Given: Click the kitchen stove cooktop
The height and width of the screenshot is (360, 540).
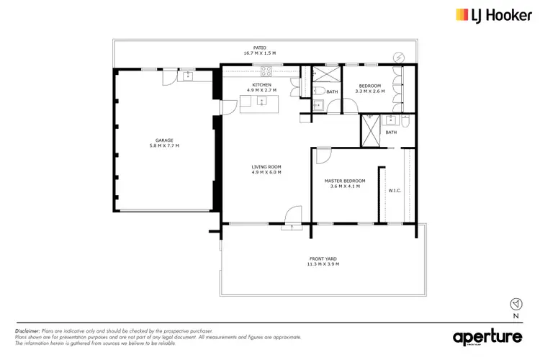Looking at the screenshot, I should (x=266, y=71).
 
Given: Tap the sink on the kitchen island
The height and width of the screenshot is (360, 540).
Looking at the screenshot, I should (x=261, y=102).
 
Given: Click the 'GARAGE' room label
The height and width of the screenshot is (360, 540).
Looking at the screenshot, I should (x=164, y=140).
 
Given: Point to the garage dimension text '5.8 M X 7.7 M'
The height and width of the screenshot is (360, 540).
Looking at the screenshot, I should (x=164, y=146).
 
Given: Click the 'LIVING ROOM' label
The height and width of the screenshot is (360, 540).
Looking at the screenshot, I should (x=266, y=167).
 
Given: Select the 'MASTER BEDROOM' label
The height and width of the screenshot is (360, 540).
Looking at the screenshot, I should (x=345, y=181).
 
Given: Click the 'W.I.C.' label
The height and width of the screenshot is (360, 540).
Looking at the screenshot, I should (x=395, y=191).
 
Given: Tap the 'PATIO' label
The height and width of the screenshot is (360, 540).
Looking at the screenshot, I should (x=249, y=48).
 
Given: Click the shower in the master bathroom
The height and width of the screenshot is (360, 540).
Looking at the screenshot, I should (x=371, y=132).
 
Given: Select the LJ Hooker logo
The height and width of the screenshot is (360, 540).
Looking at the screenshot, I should (x=490, y=14).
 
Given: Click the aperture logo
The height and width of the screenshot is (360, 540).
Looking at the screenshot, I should (x=488, y=337).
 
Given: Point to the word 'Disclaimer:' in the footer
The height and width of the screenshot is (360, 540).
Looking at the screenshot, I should (x=27, y=331).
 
